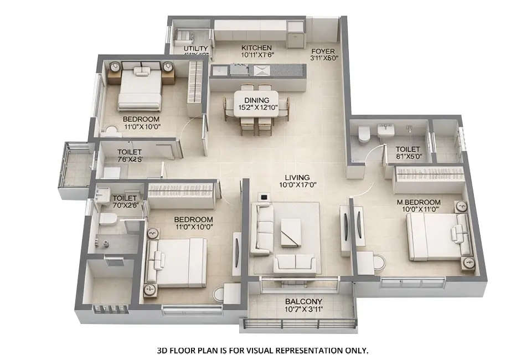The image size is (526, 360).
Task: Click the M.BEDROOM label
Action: [422, 202]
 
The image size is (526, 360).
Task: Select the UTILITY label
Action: [195, 49]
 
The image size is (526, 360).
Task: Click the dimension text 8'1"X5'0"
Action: [408, 157]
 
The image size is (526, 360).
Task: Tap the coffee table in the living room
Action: [291, 232]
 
